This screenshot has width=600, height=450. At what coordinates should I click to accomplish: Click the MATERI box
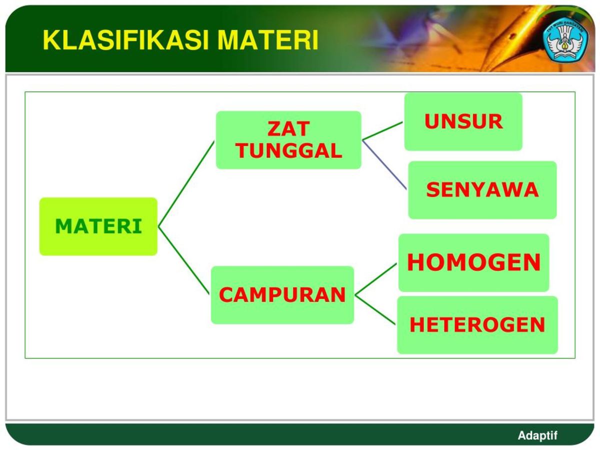pyautogui.click(x=98, y=226)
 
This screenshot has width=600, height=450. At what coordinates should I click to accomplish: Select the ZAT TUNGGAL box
pyautogui.click(x=288, y=140)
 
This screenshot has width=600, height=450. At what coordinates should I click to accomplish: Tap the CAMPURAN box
pyautogui.click(x=282, y=295)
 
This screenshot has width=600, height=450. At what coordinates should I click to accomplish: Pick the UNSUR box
pyautogui.click(x=463, y=121)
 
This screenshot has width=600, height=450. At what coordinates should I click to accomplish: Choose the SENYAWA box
pyautogui.click(x=482, y=190)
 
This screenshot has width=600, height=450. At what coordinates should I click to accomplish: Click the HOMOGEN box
pyautogui.click(x=473, y=262)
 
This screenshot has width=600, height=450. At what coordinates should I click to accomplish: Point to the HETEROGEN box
pyautogui.click(x=477, y=325)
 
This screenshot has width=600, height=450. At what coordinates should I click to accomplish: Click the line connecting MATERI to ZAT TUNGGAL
pyautogui.click(x=186, y=184)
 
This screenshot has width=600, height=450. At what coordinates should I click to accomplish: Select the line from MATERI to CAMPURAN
pyautogui.click(x=183, y=260)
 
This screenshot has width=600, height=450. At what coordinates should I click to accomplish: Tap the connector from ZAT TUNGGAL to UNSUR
pyautogui.click(x=382, y=130)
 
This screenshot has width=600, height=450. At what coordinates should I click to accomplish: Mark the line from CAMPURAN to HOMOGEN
pyautogui.click(x=376, y=279)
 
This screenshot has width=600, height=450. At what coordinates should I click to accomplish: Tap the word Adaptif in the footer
pyautogui.click(x=537, y=435)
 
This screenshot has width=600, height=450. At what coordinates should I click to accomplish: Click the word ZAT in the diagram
pyautogui.click(x=288, y=129)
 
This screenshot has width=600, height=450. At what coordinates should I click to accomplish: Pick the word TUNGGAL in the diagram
pyautogui.click(x=288, y=150)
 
